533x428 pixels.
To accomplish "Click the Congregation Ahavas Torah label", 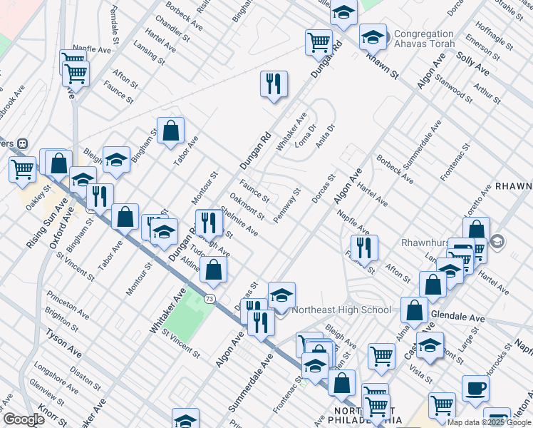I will click(424, 39).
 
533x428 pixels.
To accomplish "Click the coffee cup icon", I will click(475, 389).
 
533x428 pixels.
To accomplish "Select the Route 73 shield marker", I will click(209, 297).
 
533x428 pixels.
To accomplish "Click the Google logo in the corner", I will click(23, 419).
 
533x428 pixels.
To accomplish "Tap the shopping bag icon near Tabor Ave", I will click(170, 131).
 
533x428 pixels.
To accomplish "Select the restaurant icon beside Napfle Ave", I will click(364, 248).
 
